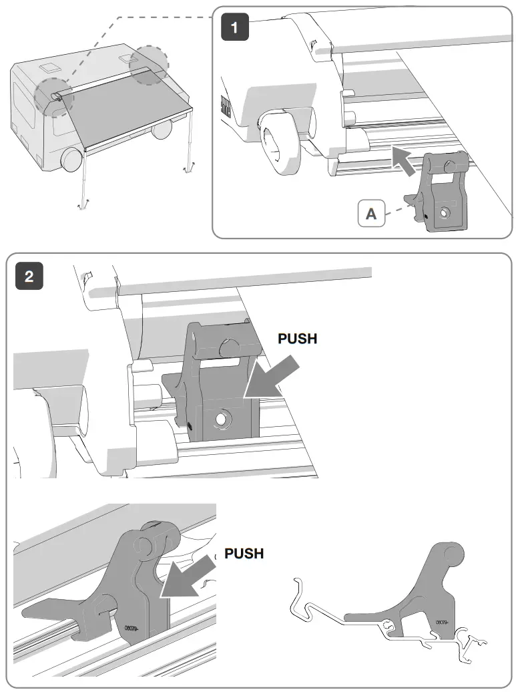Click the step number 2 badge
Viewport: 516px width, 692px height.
[29, 277]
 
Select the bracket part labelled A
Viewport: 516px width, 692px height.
[441, 194]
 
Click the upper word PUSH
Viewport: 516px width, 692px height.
[297, 339]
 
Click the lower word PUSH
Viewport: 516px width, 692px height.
[244, 554]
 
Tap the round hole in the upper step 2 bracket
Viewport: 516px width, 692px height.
[220, 419]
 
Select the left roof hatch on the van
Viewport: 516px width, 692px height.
[49, 68]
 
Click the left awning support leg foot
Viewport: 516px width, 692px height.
[82, 205]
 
